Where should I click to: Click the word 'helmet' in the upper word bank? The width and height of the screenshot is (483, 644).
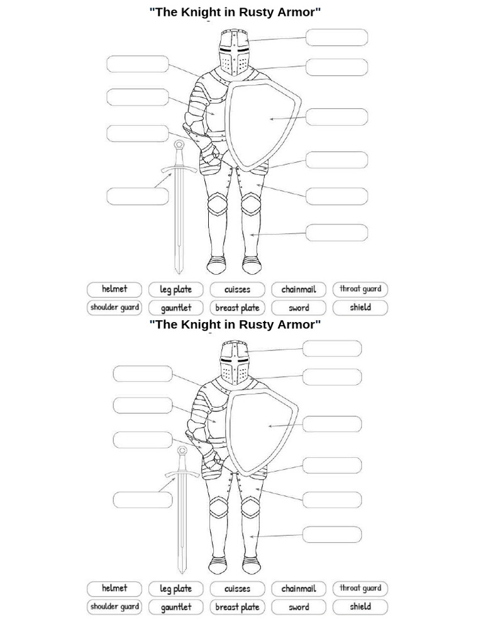tap(114, 289)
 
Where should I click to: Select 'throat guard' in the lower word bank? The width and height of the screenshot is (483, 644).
tap(360, 589)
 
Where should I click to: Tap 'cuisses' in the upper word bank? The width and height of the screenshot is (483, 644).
tap(237, 290)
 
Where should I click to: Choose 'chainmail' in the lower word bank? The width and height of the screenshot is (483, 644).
tap(299, 589)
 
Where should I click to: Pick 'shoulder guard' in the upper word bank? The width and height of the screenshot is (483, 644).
tap(114, 308)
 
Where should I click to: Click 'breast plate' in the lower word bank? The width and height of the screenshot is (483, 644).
tap(237, 607)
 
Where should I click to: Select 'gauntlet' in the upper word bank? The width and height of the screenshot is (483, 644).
tap(176, 308)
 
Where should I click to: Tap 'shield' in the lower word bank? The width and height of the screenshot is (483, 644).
tap(360, 607)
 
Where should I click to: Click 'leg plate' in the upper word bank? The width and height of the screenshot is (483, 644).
tap(175, 290)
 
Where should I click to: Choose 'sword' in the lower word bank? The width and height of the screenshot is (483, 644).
tap(299, 607)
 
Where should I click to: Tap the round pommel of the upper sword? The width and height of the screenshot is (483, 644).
tap(179, 144)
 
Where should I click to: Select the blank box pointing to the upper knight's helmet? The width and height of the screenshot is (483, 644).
tap(336, 38)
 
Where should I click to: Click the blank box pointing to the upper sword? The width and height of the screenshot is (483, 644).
tap(138, 196)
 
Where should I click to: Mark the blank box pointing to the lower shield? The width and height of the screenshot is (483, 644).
tap(332, 424)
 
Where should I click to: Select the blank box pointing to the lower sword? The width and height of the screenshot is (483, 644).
tap(142, 500)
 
